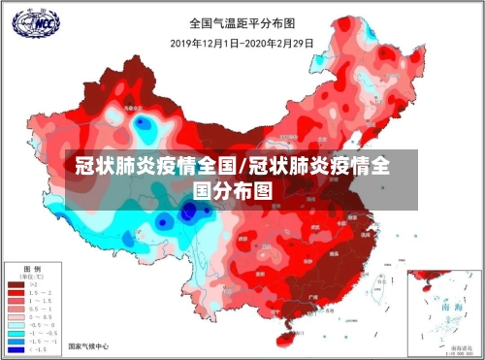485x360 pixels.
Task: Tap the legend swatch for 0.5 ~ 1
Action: coord(16,308)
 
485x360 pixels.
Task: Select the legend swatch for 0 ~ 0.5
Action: coord(16,316)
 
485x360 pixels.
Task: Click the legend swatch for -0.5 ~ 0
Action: coord(16,324)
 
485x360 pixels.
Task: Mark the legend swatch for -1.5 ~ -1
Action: coord(16,342)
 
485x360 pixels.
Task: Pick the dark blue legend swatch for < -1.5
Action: coord(16,349)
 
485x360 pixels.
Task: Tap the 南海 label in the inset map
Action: coord(451,306)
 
